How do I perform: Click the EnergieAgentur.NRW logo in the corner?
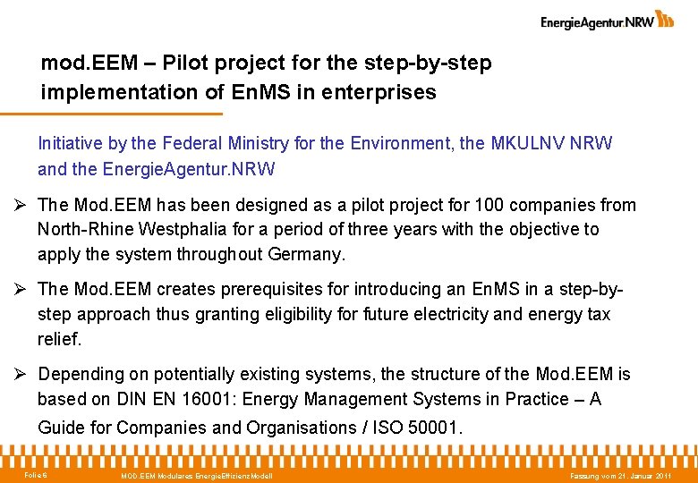pyautogui.click(x=607, y=21)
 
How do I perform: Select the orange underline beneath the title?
pyautogui.click(x=111, y=114)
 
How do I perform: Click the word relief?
pyautogui.click(x=60, y=339)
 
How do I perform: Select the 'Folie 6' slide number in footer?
pyautogui.click(x=37, y=474)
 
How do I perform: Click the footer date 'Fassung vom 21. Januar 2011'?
pyautogui.click(x=621, y=475)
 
